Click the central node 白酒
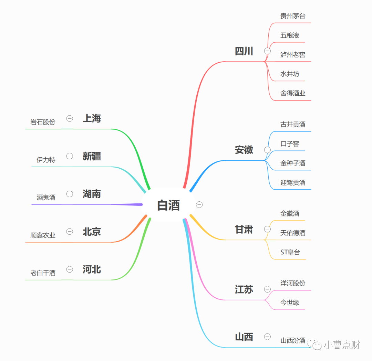click(x=168, y=205)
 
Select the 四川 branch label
click(x=244, y=51)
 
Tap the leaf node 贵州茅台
click(x=293, y=16)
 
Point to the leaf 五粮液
click(x=290, y=35)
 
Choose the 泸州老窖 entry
click(x=293, y=55)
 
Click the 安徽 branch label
click(x=244, y=150)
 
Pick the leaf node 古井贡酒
click(x=293, y=125)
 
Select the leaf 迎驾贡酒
click(x=293, y=182)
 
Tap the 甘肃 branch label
click(x=244, y=230)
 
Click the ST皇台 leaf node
click(x=290, y=252)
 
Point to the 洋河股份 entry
click(x=293, y=283)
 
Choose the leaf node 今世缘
click(x=290, y=302)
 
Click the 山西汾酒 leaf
click(x=293, y=340)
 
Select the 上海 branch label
click(x=92, y=119)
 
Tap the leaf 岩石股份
click(x=43, y=122)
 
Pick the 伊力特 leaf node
click(x=46, y=160)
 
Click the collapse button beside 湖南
click(x=70, y=194)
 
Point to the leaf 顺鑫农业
click(x=43, y=235)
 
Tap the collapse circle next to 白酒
click(x=199, y=205)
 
